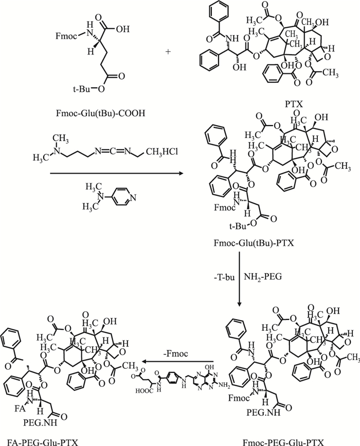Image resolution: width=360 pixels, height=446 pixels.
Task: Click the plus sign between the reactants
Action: tap(169, 38)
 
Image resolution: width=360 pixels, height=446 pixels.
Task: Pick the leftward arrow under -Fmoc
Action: tap(179, 362)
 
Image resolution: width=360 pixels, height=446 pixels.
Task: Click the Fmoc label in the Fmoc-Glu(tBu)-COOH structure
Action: tap(66, 37)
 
